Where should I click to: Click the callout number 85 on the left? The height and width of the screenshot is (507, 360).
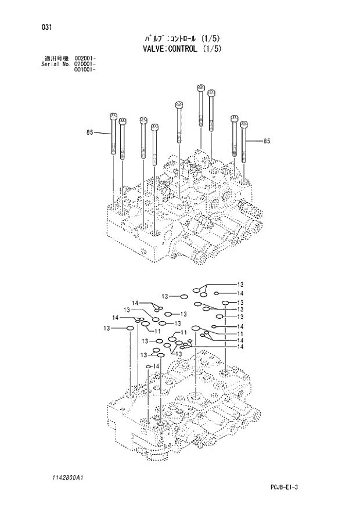pyautogui.click(x=89, y=133)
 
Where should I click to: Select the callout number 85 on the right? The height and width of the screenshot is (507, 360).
pyautogui.click(x=267, y=141)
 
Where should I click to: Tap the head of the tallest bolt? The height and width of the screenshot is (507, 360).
pyautogui.click(x=201, y=89)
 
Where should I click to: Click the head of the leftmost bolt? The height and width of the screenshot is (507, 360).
pyautogui.click(x=112, y=117)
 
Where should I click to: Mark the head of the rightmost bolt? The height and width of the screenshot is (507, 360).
pyautogui.click(x=244, y=124)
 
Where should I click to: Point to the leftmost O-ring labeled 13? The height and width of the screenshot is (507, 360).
pyautogui.click(x=131, y=329)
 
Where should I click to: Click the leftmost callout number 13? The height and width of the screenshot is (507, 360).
pyautogui.click(x=107, y=329)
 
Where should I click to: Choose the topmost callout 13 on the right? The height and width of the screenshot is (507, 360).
pyautogui.click(x=240, y=284)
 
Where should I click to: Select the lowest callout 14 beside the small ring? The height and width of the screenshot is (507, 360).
pyautogui.click(x=156, y=366)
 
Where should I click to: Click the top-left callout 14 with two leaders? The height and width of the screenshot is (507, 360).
pyautogui.click(x=135, y=303)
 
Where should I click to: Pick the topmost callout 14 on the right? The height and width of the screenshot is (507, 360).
pyautogui.click(x=240, y=293)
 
